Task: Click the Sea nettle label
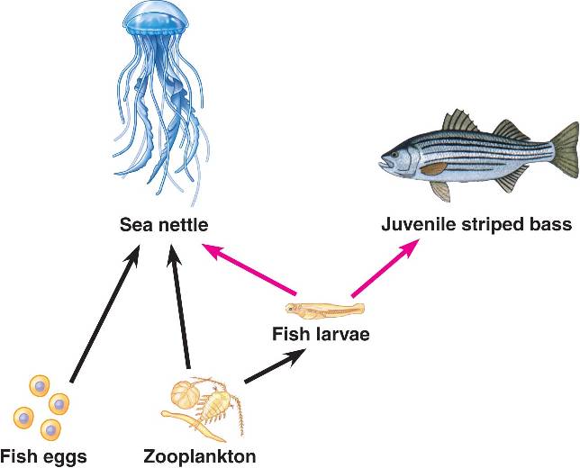click(164, 225)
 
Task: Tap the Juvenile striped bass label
click(476, 224)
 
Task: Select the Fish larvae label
click(321, 334)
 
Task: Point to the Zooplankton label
click(199, 455)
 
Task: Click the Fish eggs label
click(43, 456)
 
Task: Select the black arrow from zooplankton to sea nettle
click(179, 306)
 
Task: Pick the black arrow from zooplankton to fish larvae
click(276, 365)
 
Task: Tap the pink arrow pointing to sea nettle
click(249, 269)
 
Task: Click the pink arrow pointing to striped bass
click(385, 268)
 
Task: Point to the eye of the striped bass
click(395, 154)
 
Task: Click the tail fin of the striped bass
click(565, 152)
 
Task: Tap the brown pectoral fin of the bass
click(434, 169)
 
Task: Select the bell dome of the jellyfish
click(155, 19)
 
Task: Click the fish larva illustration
click(325, 310)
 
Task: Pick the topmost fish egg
click(40, 386)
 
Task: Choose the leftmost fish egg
click(23, 418)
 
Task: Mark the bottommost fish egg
click(50, 430)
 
